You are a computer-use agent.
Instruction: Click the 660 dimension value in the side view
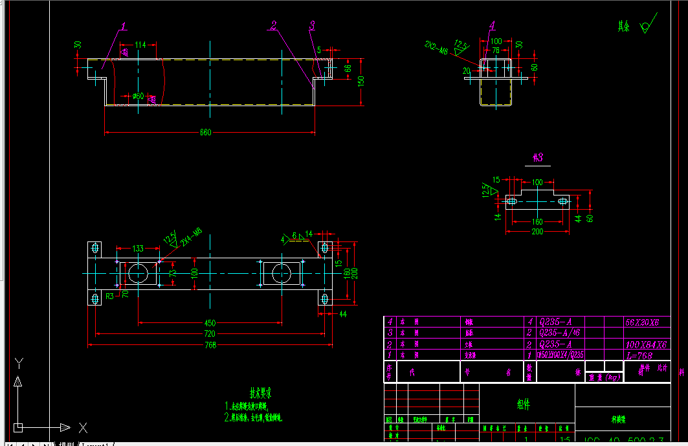tap(205, 133)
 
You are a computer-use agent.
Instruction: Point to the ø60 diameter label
tap(138, 96)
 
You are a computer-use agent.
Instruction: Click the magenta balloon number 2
tap(274, 25)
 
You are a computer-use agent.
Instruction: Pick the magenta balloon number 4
tap(492, 25)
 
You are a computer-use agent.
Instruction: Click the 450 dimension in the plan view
tap(210, 322)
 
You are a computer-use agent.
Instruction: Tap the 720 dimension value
tap(210, 334)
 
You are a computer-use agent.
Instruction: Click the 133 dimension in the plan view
tap(138, 248)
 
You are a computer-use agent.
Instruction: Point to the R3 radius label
tap(110, 296)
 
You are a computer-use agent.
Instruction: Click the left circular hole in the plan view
tap(138, 273)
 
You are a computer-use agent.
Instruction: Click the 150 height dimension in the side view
tap(362, 81)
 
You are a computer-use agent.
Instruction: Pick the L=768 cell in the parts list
tap(638, 355)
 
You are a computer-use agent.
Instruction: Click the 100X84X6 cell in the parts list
tap(646, 344)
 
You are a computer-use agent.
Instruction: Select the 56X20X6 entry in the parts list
tap(642, 322)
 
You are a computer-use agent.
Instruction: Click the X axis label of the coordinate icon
tap(83, 427)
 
